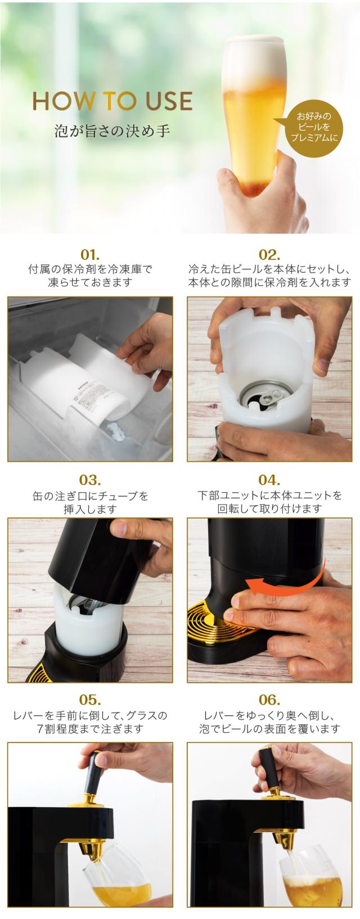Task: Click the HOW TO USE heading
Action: [x=112, y=101]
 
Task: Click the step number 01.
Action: [x=90, y=254]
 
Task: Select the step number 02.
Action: [x=269, y=254]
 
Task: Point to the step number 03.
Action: [x=90, y=480]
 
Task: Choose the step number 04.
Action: [x=269, y=480]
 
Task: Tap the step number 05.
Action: [x=90, y=699]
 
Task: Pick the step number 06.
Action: [x=269, y=699]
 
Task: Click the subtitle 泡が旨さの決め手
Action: [x=112, y=131]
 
